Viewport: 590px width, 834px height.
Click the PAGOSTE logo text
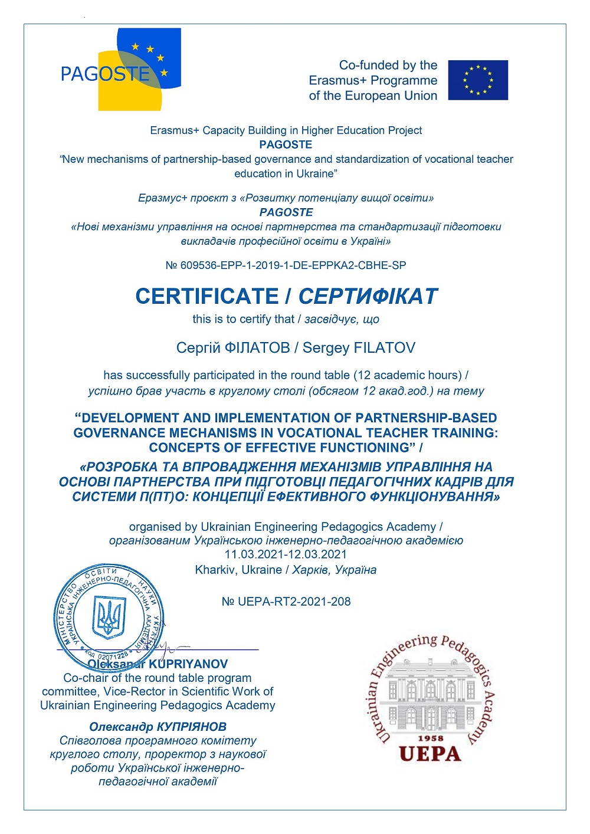[105, 74]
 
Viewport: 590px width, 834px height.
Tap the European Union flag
[477, 80]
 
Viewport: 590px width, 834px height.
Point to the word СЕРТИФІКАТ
[368, 296]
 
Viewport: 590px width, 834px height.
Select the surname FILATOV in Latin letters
[384, 348]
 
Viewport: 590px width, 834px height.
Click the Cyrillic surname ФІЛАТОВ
[257, 348]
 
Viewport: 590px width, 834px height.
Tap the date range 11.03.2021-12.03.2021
[286, 554]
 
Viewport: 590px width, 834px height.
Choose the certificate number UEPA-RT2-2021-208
[294, 602]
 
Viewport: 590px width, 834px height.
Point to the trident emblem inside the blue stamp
[109, 617]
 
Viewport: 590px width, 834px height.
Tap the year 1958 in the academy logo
[430, 738]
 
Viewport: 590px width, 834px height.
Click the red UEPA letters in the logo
[430, 754]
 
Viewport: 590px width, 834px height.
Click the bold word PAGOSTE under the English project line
[286, 145]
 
